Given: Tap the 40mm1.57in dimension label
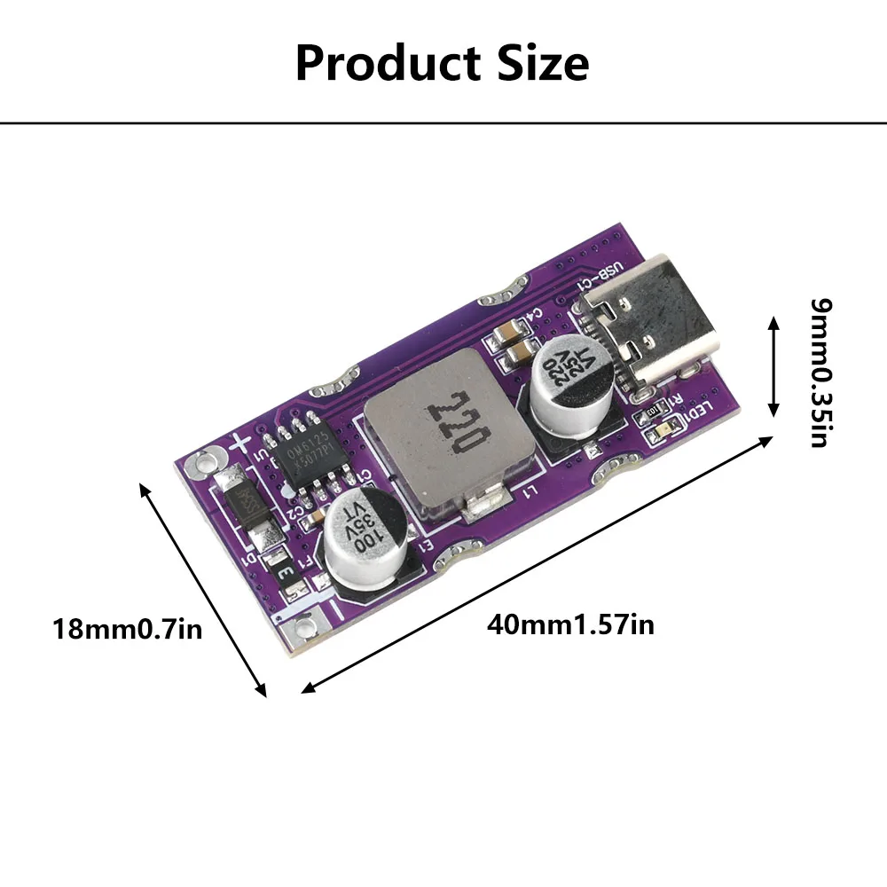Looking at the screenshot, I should (570, 624).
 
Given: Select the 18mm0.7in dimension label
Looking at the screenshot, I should (128, 630).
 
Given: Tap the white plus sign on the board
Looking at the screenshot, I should (239, 443).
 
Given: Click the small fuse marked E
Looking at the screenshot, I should (287, 572).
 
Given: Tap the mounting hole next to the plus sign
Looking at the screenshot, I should (205, 460).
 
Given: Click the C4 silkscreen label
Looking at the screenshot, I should (536, 315).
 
